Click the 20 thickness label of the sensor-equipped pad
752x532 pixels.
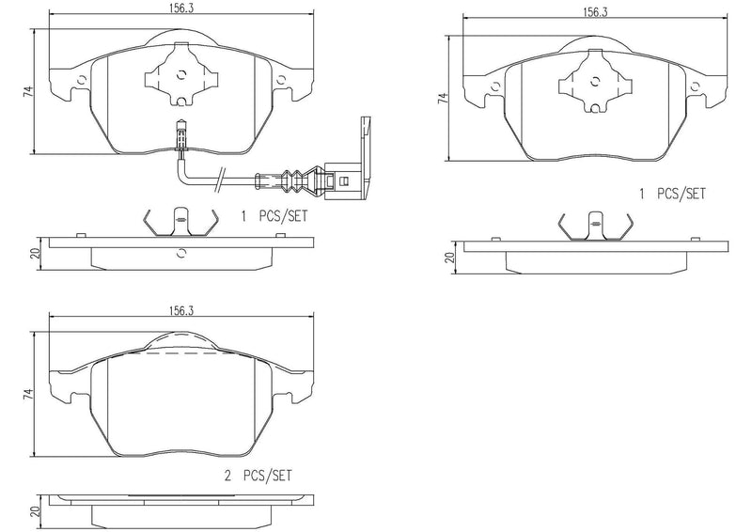(x=35, y=253)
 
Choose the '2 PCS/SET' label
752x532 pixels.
(x=258, y=477)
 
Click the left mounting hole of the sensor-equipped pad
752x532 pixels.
(x=83, y=79)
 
